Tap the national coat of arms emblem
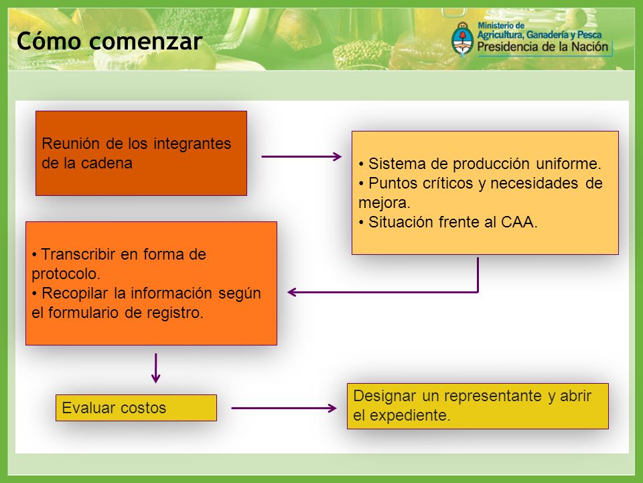(x=463, y=40)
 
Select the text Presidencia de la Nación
(x=543, y=47)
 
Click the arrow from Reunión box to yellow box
(x=301, y=156)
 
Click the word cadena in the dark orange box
(x=106, y=163)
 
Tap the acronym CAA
(x=518, y=222)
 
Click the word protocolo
(x=66, y=274)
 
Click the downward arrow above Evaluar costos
(x=155, y=368)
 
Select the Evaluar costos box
(x=136, y=408)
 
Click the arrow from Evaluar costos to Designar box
(x=284, y=408)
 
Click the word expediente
(x=410, y=415)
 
